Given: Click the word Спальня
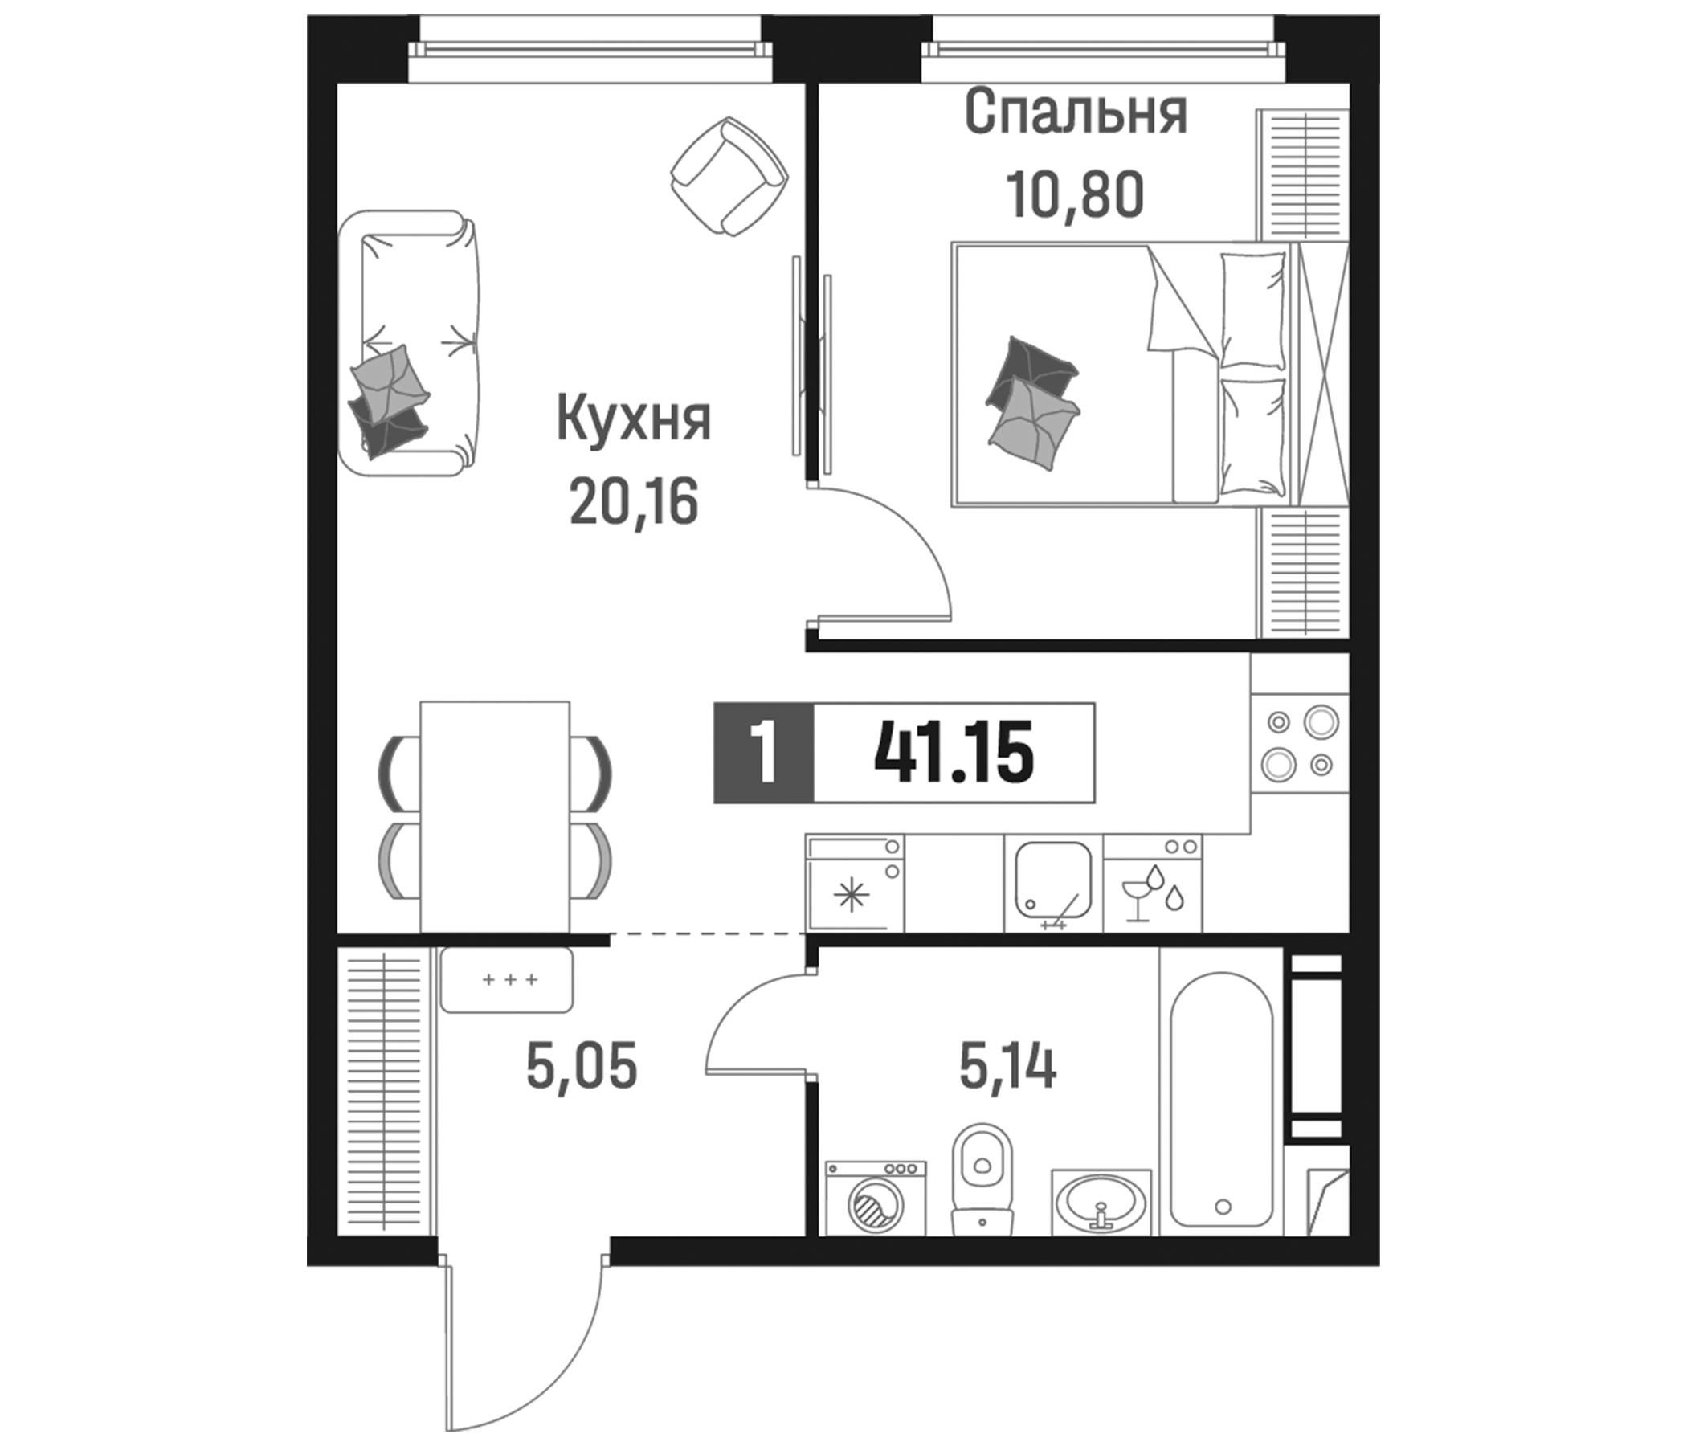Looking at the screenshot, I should tap(1076, 113).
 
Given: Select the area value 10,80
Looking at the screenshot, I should tap(1076, 195).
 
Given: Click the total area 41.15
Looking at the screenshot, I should tap(954, 754).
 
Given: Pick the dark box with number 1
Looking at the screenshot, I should tap(764, 754).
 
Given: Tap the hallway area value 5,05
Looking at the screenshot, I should tap(582, 1068).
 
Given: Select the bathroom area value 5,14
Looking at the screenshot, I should tap(1007, 1068).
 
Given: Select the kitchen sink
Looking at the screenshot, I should tap(1052, 884).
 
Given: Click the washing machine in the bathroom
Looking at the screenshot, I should tap(876, 1208).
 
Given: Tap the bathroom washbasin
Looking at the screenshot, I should tap(1101, 1213).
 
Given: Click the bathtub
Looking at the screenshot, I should tap(1220, 1099).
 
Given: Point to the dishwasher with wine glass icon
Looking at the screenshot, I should tap(1152, 884).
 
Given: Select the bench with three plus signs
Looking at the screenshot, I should tap(505, 980).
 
